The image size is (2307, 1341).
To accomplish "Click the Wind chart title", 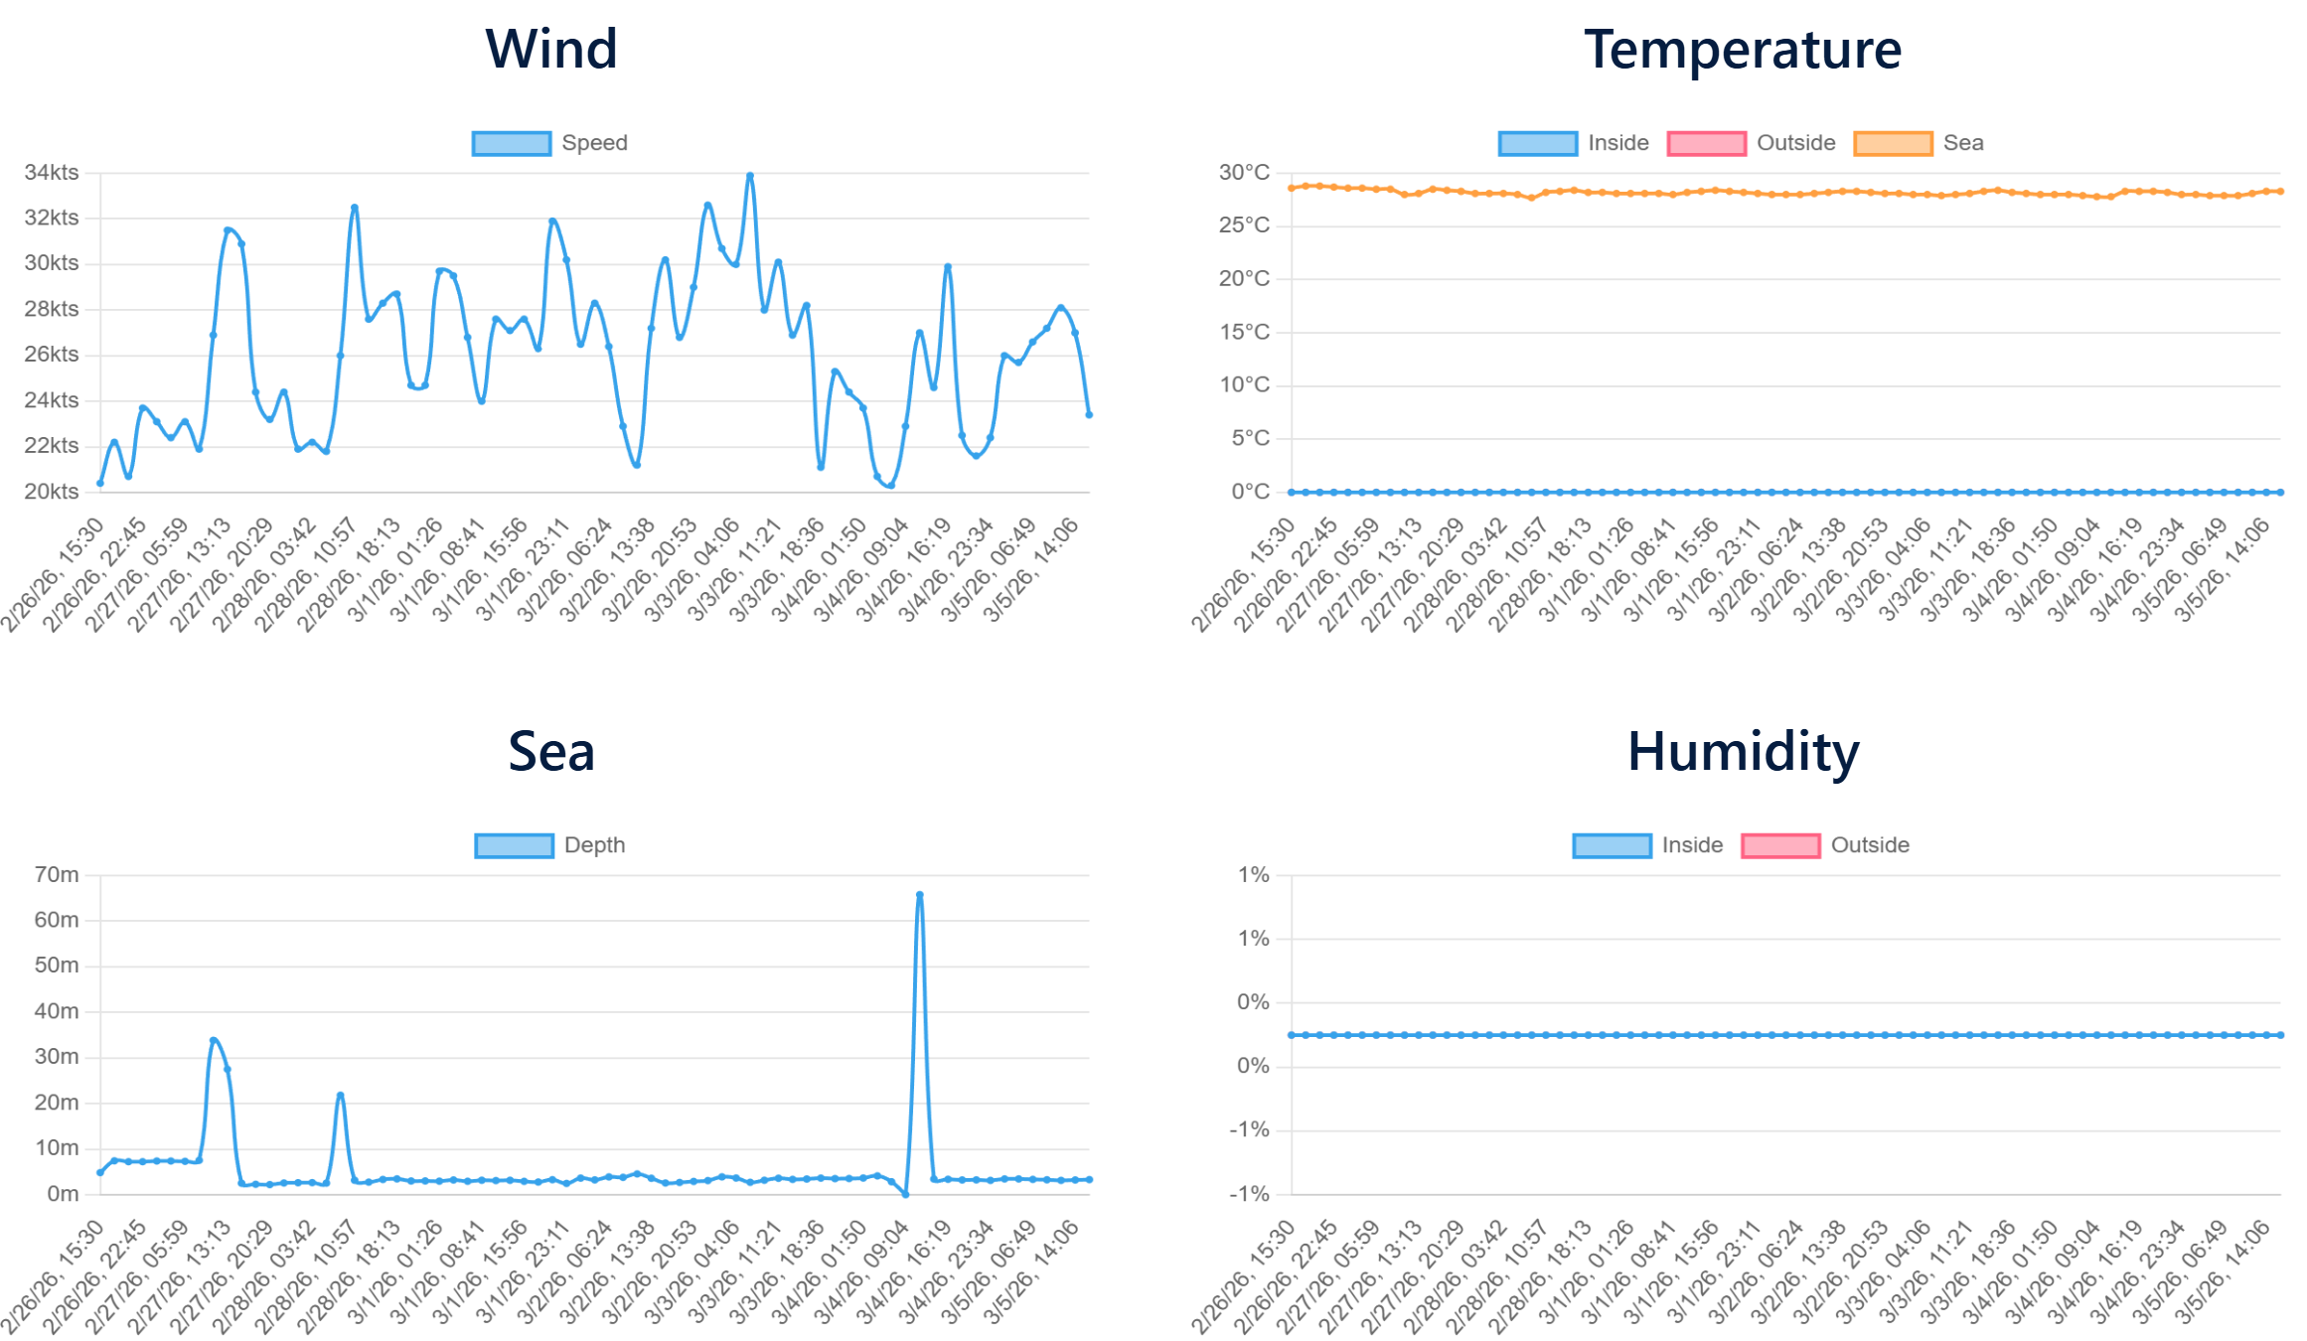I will [551, 49].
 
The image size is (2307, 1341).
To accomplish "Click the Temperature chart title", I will [1742, 49].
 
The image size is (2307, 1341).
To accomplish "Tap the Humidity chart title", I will [1742, 751].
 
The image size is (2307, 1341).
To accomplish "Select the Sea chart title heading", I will [551, 751].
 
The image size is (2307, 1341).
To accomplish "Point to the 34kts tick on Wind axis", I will [52, 172].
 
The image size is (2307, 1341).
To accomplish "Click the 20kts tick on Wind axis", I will [52, 492].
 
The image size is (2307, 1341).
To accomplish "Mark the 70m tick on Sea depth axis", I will [57, 874].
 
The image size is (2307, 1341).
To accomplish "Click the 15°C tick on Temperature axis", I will [1244, 332].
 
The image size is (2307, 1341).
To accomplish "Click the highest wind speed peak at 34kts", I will [750, 176].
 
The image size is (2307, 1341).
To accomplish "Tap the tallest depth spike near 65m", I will [919, 895].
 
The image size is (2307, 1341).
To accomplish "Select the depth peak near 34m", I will [214, 1040].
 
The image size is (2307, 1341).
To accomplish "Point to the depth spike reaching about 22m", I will [341, 1095].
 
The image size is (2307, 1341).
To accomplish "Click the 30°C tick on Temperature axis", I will [1244, 172].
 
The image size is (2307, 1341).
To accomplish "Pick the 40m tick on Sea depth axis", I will [57, 1011].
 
